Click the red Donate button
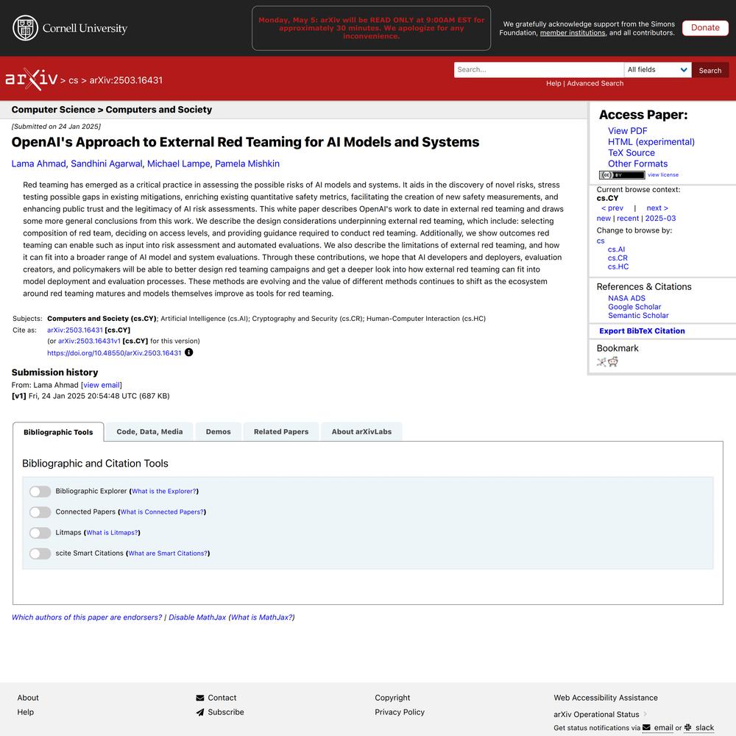(x=704, y=28)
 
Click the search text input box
(x=538, y=70)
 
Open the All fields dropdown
(x=657, y=70)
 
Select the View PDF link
(x=627, y=131)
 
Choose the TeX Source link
(x=631, y=153)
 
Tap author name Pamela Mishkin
(x=247, y=163)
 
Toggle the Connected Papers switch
(x=40, y=512)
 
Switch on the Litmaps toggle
(x=40, y=533)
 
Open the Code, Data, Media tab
(x=149, y=432)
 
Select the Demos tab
(x=218, y=432)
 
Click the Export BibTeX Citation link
(x=642, y=331)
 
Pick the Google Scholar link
(x=634, y=307)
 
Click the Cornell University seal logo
(x=26, y=28)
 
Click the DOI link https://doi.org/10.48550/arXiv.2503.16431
(x=114, y=353)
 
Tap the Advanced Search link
(x=595, y=83)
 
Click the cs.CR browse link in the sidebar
(x=618, y=258)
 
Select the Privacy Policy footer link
(x=400, y=712)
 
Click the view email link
(x=102, y=385)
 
